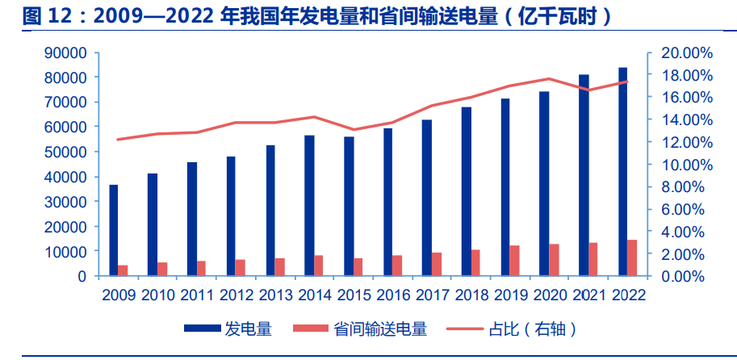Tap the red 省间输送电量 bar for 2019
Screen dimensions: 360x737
514,260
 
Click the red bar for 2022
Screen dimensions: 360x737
632,257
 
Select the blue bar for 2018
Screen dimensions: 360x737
467,191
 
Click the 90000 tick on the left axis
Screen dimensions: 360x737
68,52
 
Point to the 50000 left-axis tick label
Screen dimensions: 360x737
68,152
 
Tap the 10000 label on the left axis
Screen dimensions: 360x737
68,251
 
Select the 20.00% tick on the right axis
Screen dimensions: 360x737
687,52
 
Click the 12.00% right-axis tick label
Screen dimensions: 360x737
687,142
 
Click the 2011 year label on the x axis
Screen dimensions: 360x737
197,295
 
